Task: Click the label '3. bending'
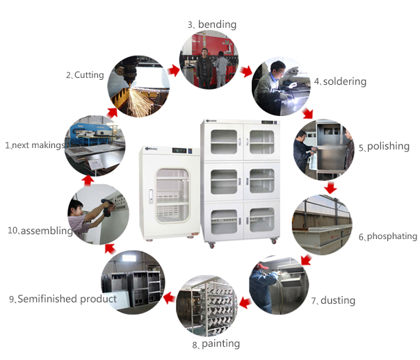212,25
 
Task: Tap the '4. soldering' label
339,81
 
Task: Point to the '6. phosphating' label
387,236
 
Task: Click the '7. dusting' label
333,300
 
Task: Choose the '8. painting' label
216,343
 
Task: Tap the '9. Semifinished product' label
63,299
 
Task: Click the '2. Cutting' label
85,74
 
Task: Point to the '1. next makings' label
35,145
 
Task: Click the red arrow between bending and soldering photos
246,70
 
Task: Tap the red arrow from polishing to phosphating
330,188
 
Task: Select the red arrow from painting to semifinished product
167,299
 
